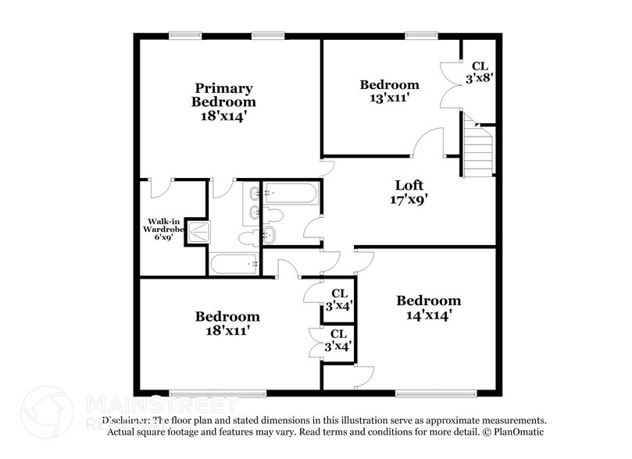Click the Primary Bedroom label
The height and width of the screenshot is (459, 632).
(223, 94)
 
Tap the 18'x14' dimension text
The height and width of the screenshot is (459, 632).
(223, 116)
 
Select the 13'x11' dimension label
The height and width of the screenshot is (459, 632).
(388, 98)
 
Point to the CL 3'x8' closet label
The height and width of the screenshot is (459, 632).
(478, 72)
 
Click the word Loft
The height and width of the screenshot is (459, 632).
(409, 185)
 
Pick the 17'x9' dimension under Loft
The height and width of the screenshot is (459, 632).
(409, 199)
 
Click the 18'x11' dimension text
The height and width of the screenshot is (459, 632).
(227, 330)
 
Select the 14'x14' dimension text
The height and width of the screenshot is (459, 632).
(428, 315)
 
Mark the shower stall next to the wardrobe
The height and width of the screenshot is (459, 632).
(199, 230)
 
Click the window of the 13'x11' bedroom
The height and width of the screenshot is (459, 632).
(420, 34)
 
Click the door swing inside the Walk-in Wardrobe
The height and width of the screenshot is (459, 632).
(162, 188)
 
